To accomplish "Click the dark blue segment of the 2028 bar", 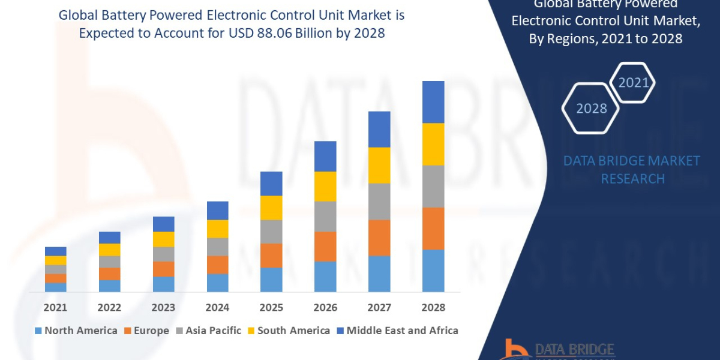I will pyautogui.click(x=433, y=102).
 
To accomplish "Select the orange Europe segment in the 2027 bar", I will pyautogui.click(x=379, y=238).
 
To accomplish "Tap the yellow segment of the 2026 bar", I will pyautogui.click(x=325, y=186).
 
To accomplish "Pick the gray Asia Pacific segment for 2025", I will pyautogui.click(x=271, y=231).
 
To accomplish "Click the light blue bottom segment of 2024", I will pyautogui.click(x=217, y=283).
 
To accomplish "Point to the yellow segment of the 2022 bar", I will pyautogui.click(x=109, y=250).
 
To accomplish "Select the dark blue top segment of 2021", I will pyautogui.click(x=55, y=251).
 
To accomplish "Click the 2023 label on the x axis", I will pyautogui.click(x=163, y=307).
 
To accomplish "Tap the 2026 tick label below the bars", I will pyautogui.click(x=325, y=307).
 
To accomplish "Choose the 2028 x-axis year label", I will pyautogui.click(x=433, y=307).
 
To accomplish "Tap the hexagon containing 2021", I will pyautogui.click(x=633, y=83).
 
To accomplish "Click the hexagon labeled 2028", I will pyautogui.click(x=592, y=109).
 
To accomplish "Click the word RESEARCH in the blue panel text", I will pyautogui.click(x=632, y=179).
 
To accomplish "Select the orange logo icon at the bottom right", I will pyautogui.click(x=515, y=349).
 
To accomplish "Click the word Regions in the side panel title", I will pyautogui.click(x=601, y=38).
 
